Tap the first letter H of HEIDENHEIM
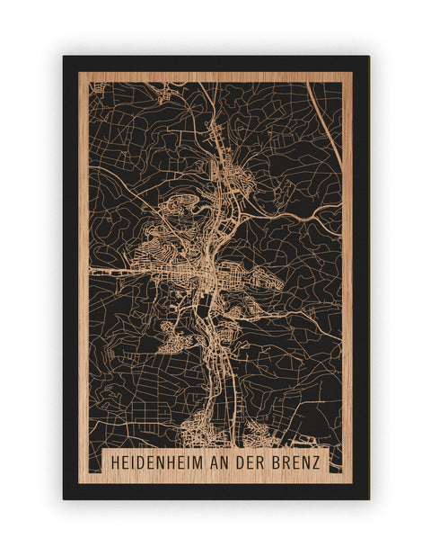pyautogui.click(x=113, y=461)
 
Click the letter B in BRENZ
pyautogui.click(x=281, y=461)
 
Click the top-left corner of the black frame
pyautogui.click(x=64, y=57)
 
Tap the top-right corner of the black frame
pyautogui.click(x=368, y=57)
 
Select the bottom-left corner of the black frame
pyautogui.click(x=64, y=498)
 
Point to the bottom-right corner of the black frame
pyautogui.click(x=368, y=498)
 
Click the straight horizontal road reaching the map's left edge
pyautogui.click(x=108, y=268)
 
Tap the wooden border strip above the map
pyautogui.click(x=215, y=76)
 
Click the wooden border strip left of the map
pyautogui.click(x=84, y=270)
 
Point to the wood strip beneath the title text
pyautogui.click(x=215, y=478)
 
